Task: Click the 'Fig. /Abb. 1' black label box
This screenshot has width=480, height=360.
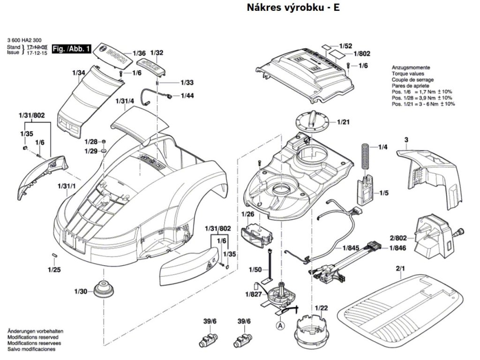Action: [71, 49]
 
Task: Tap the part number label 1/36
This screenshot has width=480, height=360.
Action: [139, 53]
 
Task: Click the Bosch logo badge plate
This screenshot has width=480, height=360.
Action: [112, 54]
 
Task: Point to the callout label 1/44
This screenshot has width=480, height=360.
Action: [187, 96]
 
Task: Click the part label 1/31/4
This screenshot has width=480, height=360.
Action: [125, 101]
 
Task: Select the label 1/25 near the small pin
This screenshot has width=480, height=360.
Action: [54, 270]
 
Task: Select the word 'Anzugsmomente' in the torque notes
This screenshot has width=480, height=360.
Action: [410, 68]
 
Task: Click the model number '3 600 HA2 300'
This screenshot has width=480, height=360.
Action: [24, 41]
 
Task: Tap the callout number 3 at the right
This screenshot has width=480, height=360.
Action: [406, 140]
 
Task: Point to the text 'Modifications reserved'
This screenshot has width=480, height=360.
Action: [32, 337]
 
